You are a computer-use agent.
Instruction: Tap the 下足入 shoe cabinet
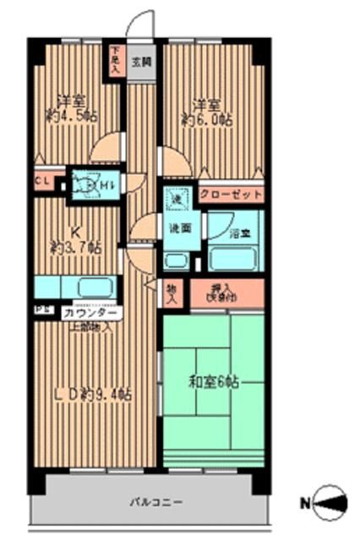tap(115, 60)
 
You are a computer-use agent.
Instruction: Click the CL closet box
tap(41, 181)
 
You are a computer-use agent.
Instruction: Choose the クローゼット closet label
tap(231, 194)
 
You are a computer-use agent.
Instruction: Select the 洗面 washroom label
tap(177, 228)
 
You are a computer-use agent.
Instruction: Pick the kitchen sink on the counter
tap(92, 286)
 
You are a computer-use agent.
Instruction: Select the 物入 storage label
tap(172, 292)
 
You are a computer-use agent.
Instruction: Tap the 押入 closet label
tap(226, 292)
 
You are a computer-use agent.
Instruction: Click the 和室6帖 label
tap(211, 381)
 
